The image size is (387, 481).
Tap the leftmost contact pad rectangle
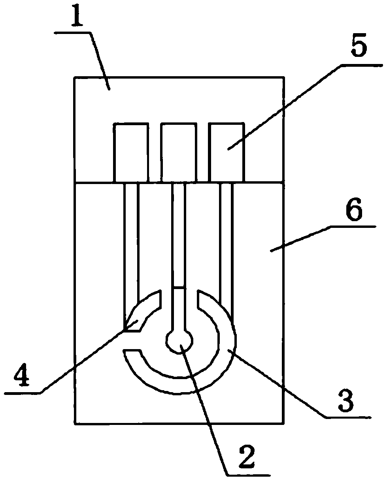point(131,152)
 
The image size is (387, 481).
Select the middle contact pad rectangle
point(179,152)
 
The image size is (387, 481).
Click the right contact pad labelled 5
point(226,152)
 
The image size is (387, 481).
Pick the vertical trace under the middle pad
point(179,237)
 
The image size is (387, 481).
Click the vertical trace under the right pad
point(227,237)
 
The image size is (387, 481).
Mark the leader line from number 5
point(285,107)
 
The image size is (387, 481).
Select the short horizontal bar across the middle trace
point(179,287)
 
